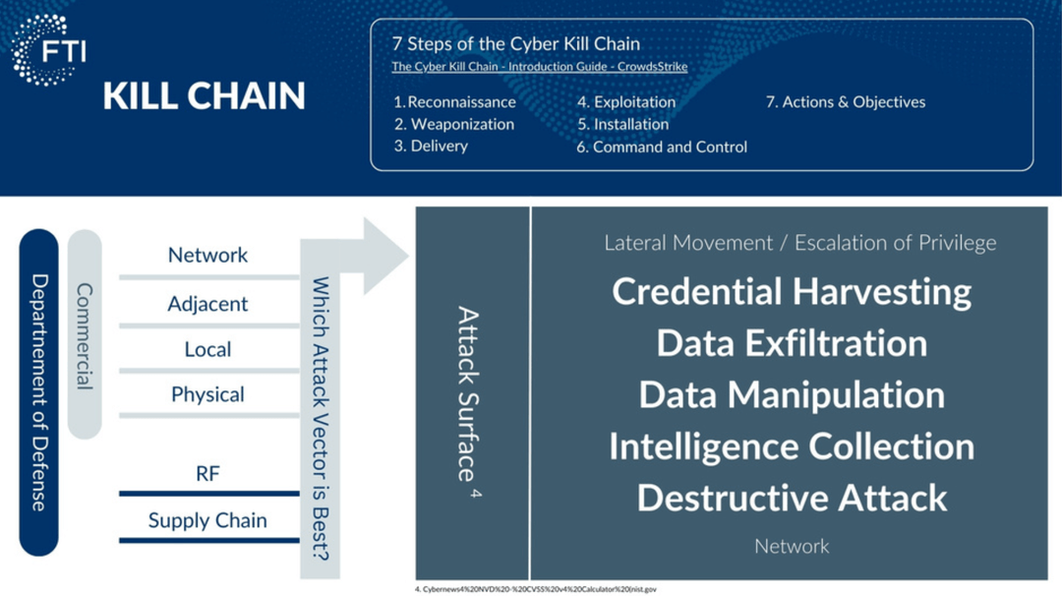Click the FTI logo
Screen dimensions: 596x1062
pos(48,50)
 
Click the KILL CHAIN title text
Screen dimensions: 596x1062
pos(204,96)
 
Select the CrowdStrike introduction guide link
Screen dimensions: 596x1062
pos(539,67)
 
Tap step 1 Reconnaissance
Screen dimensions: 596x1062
pos(454,102)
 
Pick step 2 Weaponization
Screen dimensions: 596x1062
pos(454,124)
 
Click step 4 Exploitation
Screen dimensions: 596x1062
pos(626,102)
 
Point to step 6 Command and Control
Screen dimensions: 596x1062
pos(662,147)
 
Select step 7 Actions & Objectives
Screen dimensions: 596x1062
pos(846,102)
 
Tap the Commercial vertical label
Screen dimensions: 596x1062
pos(85,335)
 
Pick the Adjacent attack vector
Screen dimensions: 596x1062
pos(207,304)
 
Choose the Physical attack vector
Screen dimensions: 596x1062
pos(207,394)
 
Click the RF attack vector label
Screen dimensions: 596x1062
pos(207,474)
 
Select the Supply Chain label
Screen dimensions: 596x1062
pos(207,520)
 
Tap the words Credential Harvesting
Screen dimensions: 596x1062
pos(792,291)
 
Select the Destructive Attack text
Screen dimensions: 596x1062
pos(792,497)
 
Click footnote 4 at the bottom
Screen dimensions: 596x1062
pos(535,589)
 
